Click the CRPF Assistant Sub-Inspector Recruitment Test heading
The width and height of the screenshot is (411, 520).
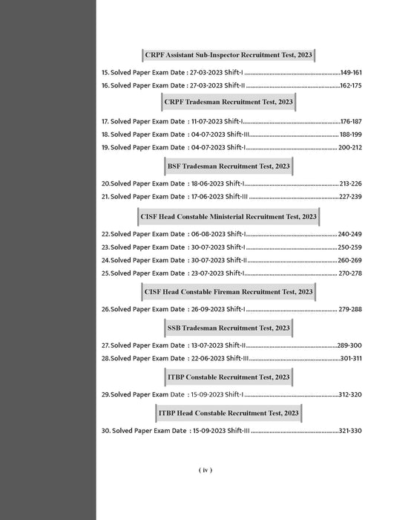click(228, 56)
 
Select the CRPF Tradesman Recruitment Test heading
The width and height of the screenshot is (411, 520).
click(228, 102)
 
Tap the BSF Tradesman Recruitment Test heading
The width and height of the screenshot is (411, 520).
click(228, 165)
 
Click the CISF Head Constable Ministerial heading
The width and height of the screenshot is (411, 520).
click(228, 216)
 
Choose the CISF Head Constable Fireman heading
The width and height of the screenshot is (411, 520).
click(228, 292)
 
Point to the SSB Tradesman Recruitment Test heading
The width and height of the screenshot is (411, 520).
click(228, 327)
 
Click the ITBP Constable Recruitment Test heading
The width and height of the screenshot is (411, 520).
click(228, 377)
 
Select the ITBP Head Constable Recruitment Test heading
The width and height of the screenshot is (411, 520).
click(228, 412)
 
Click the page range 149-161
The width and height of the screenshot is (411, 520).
click(351, 73)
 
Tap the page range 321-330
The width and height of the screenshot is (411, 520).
click(349, 430)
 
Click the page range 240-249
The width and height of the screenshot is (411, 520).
click(350, 234)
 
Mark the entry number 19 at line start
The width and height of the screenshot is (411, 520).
click(105, 147)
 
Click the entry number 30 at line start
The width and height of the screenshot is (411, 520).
click(105, 430)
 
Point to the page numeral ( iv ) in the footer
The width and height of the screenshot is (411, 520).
click(205, 469)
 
